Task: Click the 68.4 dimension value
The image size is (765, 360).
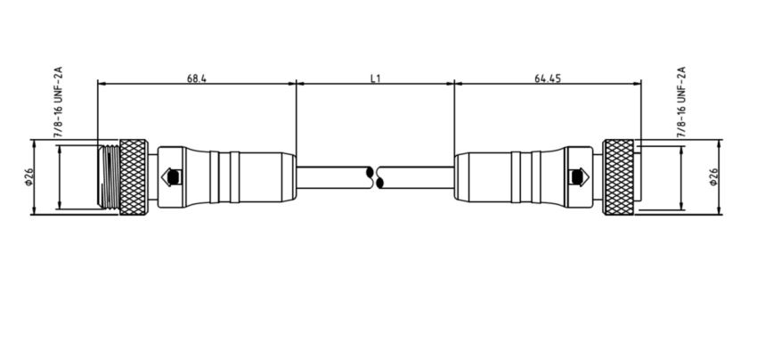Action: [x=197, y=78]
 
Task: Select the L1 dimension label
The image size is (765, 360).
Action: [x=376, y=78]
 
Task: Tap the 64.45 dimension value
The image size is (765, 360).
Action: [x=547, y=78]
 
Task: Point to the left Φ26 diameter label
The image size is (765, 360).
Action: [x=28, y=176]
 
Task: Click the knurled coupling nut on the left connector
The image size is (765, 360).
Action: [x=134, y=176]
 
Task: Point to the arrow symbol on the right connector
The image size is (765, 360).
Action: [x=580, y=176]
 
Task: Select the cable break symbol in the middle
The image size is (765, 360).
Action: [x=376, y=176]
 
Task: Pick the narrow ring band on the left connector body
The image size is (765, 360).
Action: [x=225, y=176]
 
